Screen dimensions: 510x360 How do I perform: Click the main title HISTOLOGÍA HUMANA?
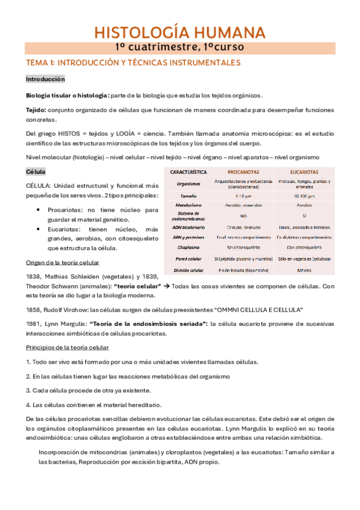click(x=180, y=32)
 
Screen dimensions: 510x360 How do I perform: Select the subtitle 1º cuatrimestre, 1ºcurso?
click(x=180, y=46)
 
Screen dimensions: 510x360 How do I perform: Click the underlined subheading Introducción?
click(x=45, y=79)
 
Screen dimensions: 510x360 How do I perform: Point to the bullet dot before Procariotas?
click(x=38, y=210)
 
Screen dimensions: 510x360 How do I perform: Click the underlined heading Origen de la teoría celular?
click(x=66, y=262)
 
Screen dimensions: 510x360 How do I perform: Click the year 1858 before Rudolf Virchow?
click(x=34, y=309)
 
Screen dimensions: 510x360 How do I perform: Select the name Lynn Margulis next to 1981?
click(x=66, y=323)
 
